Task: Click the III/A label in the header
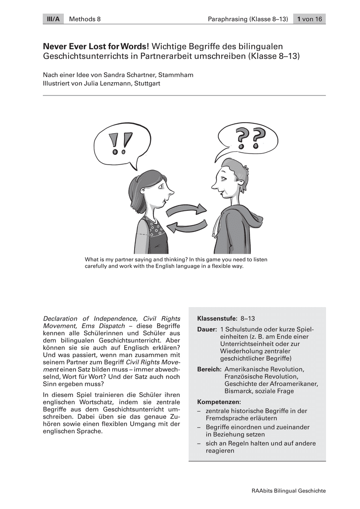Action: tap(53, 19)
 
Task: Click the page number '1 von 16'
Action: tap(309, 19)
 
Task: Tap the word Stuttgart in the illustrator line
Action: tap(148, 83)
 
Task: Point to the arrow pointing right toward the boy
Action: tap(186, 210)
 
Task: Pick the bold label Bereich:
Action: tap(209, 369)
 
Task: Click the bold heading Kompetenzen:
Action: tap(219, 402)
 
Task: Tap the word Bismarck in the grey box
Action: tap(238, 391)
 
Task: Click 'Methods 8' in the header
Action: tap(84, 19)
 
